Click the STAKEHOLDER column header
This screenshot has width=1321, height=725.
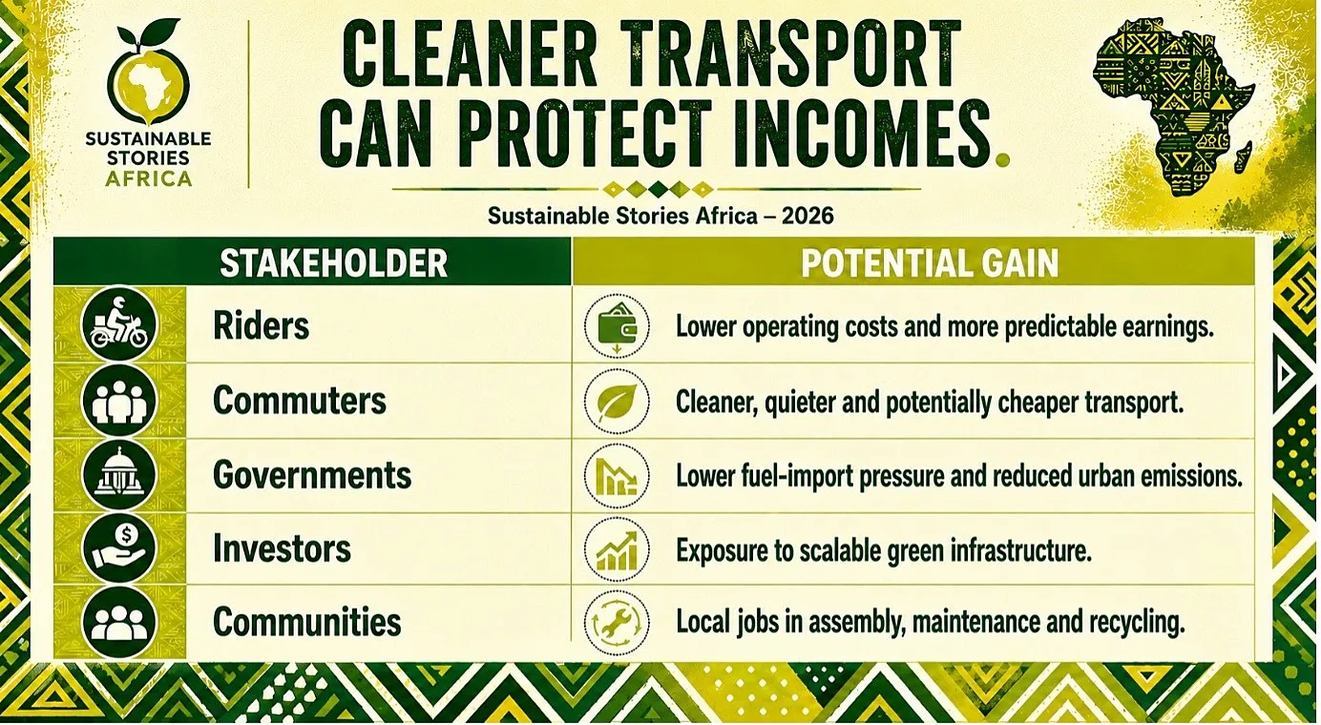coord(333,263)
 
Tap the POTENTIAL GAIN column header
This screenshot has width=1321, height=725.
coord(930,263)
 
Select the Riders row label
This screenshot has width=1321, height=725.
coord(261,325)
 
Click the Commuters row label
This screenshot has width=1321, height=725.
coord(299,401)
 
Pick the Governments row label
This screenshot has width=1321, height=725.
coord(312,475)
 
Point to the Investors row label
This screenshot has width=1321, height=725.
coord(282,549)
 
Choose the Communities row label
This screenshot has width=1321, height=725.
coord(306,622)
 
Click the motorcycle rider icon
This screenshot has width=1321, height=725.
coord(119,324)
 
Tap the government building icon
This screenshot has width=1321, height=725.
coord(119,475)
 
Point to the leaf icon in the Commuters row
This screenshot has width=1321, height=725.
coord(617,402)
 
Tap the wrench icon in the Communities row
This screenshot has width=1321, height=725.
coord(617,623)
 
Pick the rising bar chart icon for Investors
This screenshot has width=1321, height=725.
coord(617,549)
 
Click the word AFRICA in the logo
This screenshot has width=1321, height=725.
coord(149,178)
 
